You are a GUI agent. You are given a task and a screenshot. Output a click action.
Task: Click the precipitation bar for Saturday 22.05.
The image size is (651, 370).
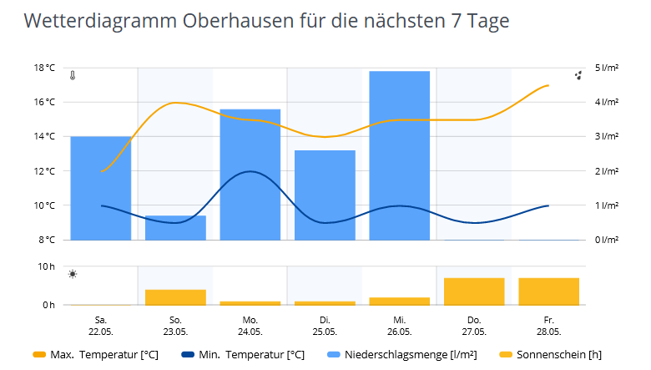100,188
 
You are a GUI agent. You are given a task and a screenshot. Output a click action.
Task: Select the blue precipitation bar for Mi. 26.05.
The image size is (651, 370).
399,155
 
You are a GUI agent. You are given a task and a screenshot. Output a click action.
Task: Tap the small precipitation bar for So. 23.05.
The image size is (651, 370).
175,228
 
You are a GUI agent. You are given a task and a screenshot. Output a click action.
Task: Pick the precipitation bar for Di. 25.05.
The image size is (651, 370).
325,195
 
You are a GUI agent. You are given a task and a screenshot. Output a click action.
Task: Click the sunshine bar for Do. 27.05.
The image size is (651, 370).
474,291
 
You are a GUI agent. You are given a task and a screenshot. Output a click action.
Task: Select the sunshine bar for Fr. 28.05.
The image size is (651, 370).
548,291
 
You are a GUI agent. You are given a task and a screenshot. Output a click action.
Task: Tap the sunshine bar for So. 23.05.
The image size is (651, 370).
175,297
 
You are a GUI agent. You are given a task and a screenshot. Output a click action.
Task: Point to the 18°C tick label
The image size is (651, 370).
45,68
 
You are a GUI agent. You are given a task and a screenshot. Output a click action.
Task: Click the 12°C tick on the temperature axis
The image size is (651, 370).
45,171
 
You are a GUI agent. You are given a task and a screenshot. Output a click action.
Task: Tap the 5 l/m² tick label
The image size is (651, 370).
607,68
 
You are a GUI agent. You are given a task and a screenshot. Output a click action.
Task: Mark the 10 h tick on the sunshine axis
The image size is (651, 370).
47,267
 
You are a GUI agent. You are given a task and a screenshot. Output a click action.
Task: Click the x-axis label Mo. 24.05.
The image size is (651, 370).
250,325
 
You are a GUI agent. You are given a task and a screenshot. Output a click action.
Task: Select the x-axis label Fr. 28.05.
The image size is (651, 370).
548,325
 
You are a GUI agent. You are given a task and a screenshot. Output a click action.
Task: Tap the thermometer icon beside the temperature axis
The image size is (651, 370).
73,75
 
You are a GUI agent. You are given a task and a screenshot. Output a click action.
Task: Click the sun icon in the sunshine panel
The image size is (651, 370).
73,275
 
